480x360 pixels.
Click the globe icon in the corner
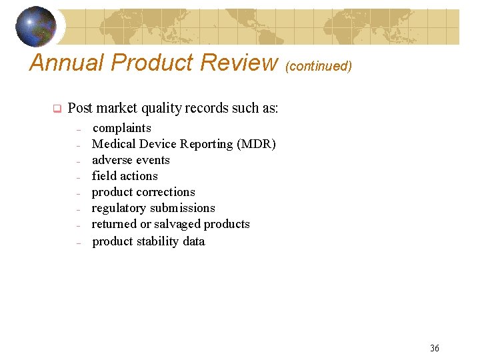coord(36,26)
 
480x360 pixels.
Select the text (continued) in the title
coord(318,66)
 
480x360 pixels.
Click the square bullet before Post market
coord(57,109)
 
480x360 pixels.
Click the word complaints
coord(121,128)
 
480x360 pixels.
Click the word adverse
coord(112,160)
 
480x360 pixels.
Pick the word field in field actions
coord(104,176)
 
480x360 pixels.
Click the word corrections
coord(165,192)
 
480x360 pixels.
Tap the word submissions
coord(183,208)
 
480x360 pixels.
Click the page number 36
coord(435,348)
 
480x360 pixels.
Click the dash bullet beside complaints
coord(78,129)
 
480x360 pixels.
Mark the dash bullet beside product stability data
coord(78,242)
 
